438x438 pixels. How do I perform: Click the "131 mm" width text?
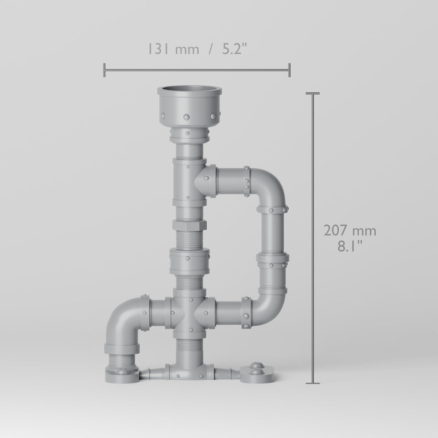174,49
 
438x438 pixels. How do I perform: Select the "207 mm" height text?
350,230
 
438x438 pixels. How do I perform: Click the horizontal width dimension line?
197,70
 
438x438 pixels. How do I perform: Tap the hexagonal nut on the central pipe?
189,225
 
